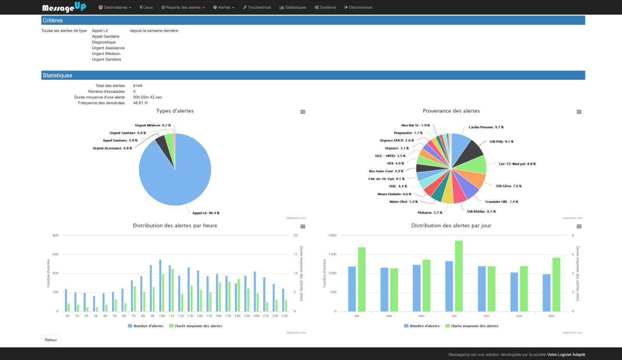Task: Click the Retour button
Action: pos(51,340)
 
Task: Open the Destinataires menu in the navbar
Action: pos(115,7)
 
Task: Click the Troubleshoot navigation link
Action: pos(257,7)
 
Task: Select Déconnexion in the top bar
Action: pos(358,7)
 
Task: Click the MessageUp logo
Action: pos(64,7)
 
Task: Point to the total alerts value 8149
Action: pos(138,86)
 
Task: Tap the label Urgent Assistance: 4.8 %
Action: pos(112,148)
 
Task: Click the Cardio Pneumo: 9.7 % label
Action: pos(486,127)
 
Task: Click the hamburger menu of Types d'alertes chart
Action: pos(303,112)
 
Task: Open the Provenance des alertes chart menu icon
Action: pos(579,112)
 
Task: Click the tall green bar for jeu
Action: pos(459,276)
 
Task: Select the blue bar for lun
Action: pos(352,288)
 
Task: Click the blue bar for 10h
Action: pos(160,286)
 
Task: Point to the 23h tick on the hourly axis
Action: pos(285,316)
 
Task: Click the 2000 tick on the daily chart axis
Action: pos(332,236)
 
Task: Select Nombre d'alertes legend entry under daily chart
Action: pos(424,326)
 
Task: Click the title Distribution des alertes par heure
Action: pos(175,225)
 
